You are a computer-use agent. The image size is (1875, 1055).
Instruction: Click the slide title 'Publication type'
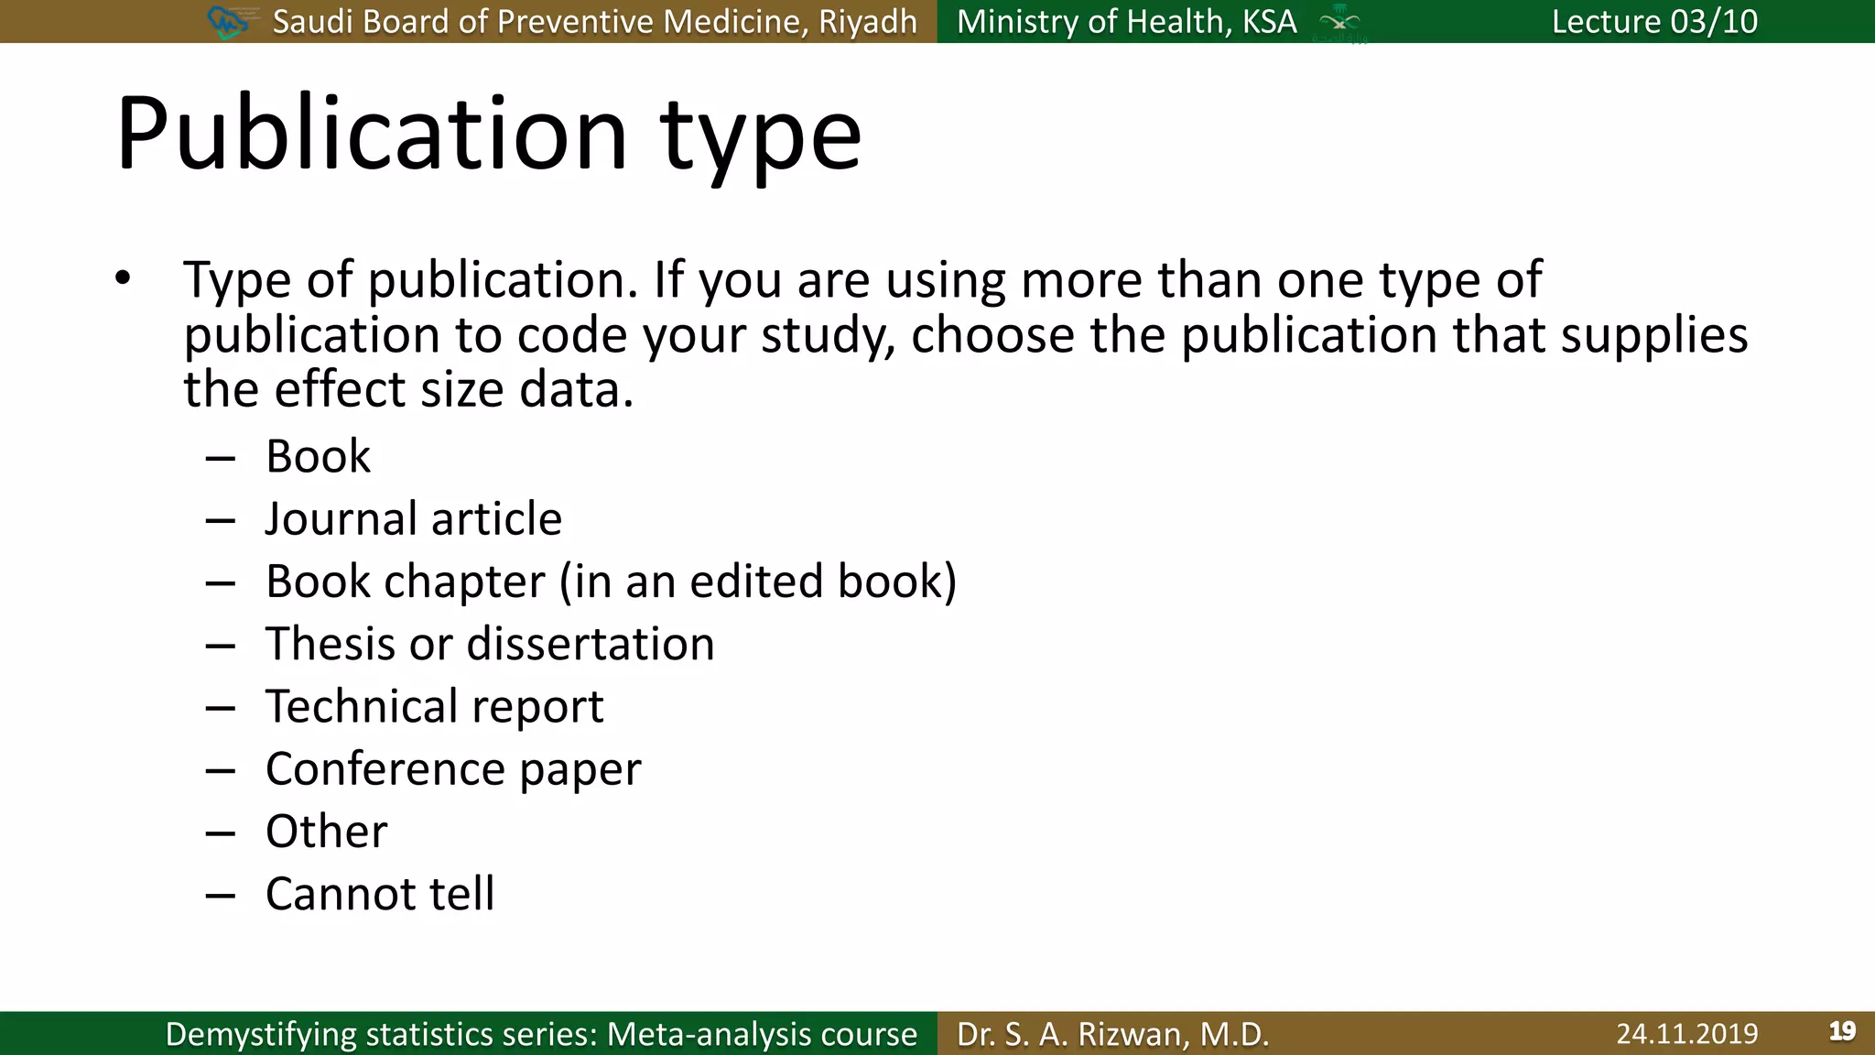(x=488, y=136)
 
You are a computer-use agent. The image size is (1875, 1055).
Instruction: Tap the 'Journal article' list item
(x=413, y=519)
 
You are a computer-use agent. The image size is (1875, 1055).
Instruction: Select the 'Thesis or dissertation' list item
(x=490, y=644)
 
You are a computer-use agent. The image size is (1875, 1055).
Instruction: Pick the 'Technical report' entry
(x=434, y=706)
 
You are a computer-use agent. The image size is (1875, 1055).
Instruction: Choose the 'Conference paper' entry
(x=453, y=768)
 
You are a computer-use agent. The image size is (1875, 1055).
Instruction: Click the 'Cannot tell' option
(x=380, y=894)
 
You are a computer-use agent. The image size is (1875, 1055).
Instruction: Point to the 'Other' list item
(x=326, y=832)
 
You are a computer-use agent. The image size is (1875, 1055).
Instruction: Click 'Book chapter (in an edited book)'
(x=611, y=582)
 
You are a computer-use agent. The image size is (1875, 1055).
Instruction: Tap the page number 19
(x=1842, y=1032)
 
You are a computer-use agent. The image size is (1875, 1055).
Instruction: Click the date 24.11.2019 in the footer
(x=1686, y=1034)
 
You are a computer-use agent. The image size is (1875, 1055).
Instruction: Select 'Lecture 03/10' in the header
(x=1654, y=21)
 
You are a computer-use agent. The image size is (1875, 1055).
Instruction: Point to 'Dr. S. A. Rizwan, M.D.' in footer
(x=1112, y=1034)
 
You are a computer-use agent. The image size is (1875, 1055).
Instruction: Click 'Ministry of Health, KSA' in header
(x=1126, y=21)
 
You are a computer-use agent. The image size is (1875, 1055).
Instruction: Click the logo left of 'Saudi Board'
(x=227, y=21)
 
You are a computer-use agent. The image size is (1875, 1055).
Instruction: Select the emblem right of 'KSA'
(x=1339, y=22)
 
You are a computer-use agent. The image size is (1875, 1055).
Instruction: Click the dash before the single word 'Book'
(x=221, y=457)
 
